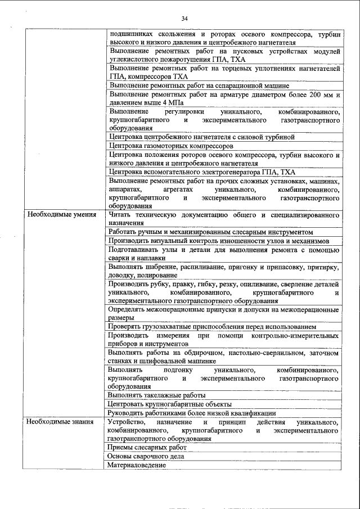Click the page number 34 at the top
point(184,19)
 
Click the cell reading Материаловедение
point(137,465)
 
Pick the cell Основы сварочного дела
point(146,456)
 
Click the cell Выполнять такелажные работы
point(157,395)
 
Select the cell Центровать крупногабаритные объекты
point(170,404)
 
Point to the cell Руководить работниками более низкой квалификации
point(192,413)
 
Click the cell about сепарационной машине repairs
point(199,85)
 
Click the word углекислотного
point(137,59)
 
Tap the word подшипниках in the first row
point(131,34)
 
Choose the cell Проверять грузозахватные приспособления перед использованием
point(213,326)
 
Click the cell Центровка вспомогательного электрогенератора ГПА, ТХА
point(202,172)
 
